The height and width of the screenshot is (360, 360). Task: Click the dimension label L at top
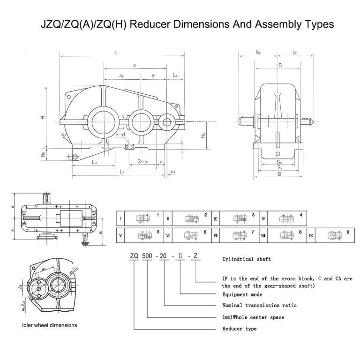tap(116, 52)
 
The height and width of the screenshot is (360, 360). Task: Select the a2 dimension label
tap(121, 75)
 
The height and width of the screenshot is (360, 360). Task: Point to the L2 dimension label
tap(175, 75)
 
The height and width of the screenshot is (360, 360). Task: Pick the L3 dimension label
tap(94, 162)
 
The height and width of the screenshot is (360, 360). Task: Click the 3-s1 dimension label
tap(143, 162)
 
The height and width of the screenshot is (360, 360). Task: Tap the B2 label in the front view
tap(258, 53)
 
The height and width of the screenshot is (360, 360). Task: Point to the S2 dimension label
tap(279, 167)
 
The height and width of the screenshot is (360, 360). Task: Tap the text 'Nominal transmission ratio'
tap(259, 305)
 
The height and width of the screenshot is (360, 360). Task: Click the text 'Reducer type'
tap(239, 329)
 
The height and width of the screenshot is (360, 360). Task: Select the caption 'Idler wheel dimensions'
tap(49, 324)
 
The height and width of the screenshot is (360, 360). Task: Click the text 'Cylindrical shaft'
tap(246, 259)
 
